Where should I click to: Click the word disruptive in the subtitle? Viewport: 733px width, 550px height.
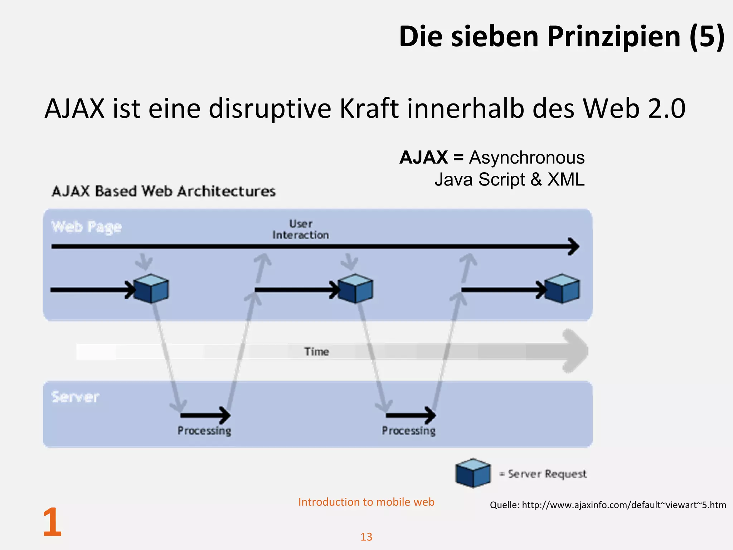[x=270, y=108]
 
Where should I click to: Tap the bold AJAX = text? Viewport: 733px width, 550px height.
[x=431, y=158]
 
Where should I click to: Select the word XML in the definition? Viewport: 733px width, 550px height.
[x=566, y=179]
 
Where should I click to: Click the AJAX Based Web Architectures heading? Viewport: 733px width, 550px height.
[x=164, y=191]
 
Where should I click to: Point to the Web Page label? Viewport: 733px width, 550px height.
[x=87, y=227]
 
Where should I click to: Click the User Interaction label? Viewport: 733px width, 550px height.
[x=301, y=229]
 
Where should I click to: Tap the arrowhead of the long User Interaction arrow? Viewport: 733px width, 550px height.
[x=574, y=246]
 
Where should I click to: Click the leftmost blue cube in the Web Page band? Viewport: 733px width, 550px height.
[x=152, y=289]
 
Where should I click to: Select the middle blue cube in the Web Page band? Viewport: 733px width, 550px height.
[x=355, y=289]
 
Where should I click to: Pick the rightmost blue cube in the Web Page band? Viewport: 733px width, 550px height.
[x=562, y=289]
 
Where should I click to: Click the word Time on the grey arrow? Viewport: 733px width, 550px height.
[x=316, y=352]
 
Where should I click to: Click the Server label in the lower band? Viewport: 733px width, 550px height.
[x=75, y=397]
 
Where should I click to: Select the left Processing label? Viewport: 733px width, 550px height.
[x=204, y=430]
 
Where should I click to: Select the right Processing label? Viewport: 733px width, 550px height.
[x=409, y=430]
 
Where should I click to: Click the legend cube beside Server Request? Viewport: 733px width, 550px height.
[x=473, y=473]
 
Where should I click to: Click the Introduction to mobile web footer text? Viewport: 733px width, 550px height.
[x=366, y=502]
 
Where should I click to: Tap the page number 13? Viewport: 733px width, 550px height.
[x=366, y=537]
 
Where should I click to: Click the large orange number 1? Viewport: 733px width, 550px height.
[x=52, y=522]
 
